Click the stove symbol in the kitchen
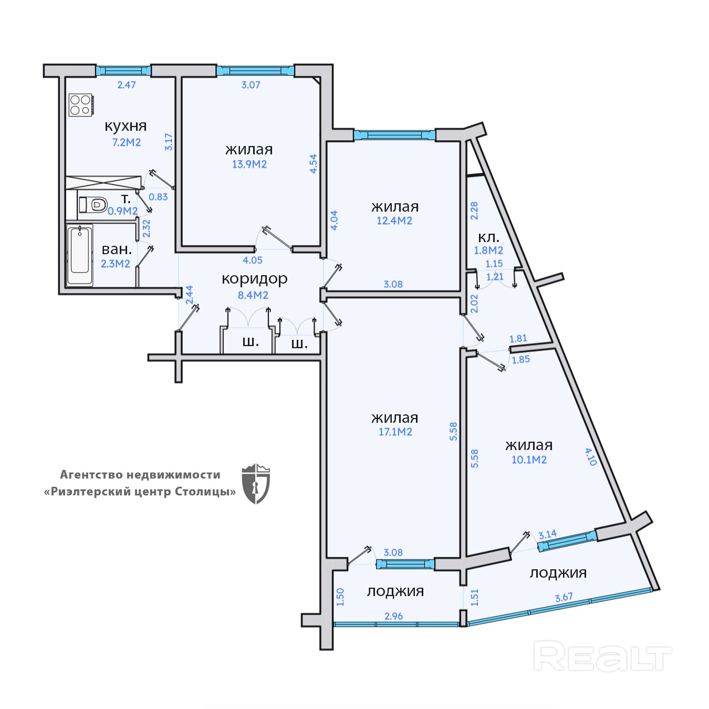80,105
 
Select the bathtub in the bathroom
80,255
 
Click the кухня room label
126,126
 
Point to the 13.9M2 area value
249,164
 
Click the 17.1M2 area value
395,432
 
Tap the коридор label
255,279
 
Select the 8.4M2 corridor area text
253,295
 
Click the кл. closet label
488,237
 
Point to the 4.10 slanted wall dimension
591,456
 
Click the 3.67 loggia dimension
564,598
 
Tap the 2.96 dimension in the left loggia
393,616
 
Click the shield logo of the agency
256,484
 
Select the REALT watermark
602,656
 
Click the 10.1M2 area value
529,460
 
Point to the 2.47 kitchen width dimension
127,85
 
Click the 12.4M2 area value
394,221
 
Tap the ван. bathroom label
117,249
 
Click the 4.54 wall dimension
314,164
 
